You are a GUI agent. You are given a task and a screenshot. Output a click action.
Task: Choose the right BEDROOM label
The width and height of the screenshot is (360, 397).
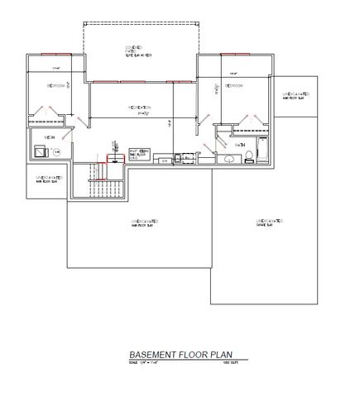click(232, 86)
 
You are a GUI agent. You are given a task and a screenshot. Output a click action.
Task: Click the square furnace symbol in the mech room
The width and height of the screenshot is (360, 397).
click(39, 152)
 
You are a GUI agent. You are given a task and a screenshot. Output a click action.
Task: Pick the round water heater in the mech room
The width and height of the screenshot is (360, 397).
click(55, 153)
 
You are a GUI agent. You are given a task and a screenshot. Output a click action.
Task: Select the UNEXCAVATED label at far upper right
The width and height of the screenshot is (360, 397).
click(295, 98)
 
